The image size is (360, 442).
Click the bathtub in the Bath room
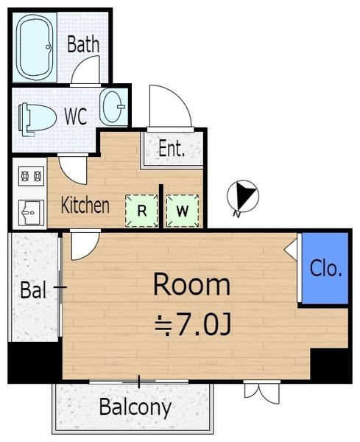tap(35, 47)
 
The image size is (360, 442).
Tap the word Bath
tap(83, 44)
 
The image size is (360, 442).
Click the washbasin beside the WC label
tap(113, 108)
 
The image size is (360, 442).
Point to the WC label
tap(76, 116)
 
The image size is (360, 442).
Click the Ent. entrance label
tap(172, 149)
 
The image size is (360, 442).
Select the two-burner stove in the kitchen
tap(31, 176)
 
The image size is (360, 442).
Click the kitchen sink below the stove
tap(31, 212)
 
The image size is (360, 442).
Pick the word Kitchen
tap(85, 206)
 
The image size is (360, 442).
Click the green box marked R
tap(141, 211)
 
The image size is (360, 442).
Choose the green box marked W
tap(183, 211)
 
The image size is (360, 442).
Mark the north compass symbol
tap(243, 197)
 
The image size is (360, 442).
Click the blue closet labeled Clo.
tap(325, 268)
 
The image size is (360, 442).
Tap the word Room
tap(191, 284)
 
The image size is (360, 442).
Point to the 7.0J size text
tap(193, 326)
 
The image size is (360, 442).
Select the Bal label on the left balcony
tap(33, 290)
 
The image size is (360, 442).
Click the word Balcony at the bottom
tap(135, 407)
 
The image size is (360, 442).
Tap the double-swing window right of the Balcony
tap(262, 392)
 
